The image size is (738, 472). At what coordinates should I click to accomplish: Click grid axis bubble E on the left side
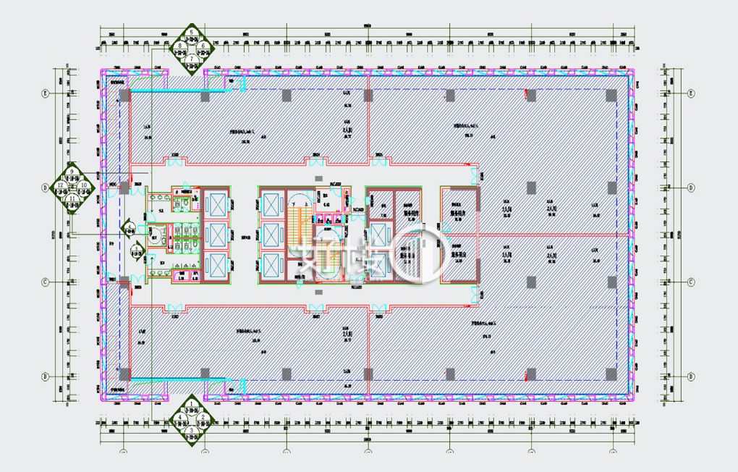[x=44, y=93]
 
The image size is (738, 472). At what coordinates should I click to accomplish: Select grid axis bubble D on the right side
[x=691, y=187]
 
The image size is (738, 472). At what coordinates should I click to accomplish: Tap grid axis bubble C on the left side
[x=44, y=282]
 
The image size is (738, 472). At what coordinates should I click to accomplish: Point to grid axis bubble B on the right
[x=691, y=376]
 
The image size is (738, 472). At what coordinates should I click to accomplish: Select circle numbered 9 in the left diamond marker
[x=72, y=172]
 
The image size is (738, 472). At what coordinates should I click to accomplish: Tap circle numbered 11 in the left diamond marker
[x=72, y=197]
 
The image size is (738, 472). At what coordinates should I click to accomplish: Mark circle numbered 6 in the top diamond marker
[x=203, y=45]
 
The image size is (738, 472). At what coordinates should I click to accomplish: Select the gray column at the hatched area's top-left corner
[x=124, y=95]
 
